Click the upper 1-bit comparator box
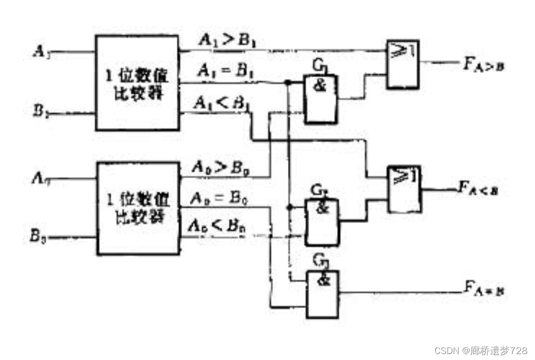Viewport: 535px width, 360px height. point(137,83)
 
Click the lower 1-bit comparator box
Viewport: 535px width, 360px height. point(137,208)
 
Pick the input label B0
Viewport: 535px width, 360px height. point(39,238)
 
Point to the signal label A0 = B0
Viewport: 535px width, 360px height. point(218,199)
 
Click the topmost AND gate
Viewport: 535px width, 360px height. point(321,98)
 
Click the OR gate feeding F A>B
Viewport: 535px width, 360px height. point(403,64)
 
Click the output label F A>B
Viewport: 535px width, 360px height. point(483,65)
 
